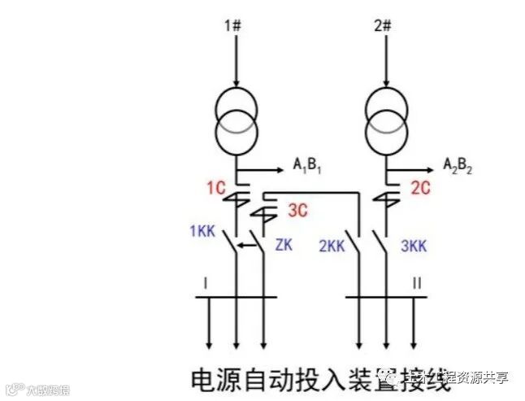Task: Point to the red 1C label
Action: [x=215, y=190]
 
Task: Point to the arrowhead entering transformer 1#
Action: [x=236, y=82]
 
